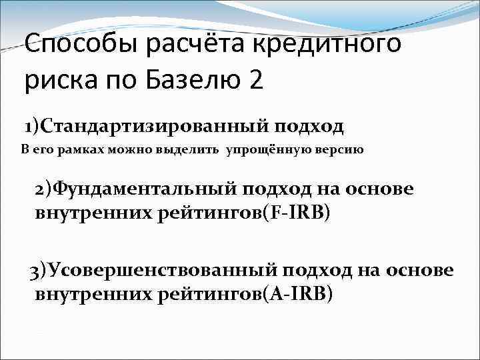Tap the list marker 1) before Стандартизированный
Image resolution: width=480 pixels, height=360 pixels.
click(x=32, y=125)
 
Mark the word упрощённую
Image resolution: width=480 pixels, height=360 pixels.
click(x=267, y=149)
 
